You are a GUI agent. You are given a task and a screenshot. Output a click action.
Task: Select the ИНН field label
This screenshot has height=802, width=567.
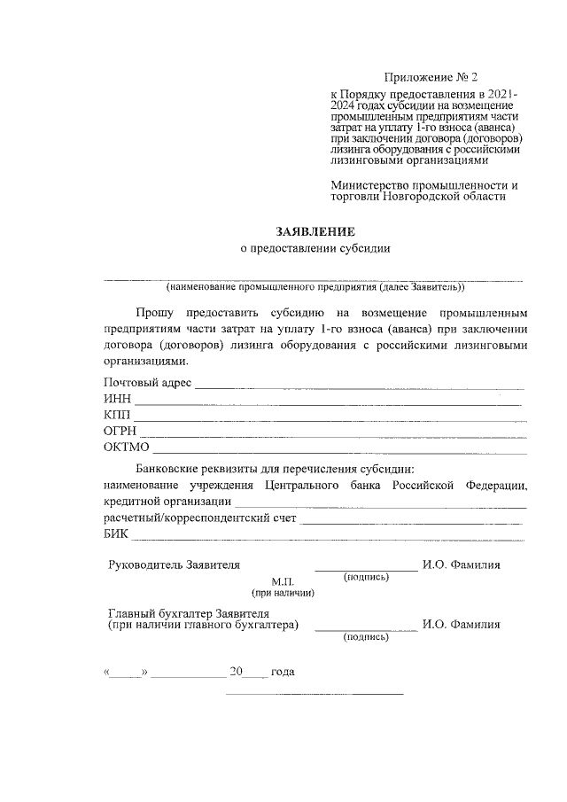pos(117,399)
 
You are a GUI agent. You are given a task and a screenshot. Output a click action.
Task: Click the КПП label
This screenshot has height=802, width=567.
pos(117,415)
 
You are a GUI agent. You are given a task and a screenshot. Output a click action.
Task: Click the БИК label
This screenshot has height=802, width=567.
pos(116,533)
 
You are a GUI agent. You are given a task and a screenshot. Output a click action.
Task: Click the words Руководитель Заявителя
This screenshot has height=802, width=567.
pos(174,565)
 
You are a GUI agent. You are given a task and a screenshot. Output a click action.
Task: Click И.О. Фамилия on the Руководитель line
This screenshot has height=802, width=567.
pos(461,565)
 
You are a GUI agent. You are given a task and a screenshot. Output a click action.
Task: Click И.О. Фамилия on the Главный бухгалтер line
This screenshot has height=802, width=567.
pos(461,624)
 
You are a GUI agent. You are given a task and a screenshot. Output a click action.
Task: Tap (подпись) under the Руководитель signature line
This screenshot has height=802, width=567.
pos(366,577)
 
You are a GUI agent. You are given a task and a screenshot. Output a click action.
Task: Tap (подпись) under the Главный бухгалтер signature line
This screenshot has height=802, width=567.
pos(366,636)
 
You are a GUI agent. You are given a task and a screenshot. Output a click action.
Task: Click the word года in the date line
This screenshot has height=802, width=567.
pos(283,672)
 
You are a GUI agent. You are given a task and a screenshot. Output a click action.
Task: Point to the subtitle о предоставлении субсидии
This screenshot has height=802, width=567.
pos(315,249)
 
